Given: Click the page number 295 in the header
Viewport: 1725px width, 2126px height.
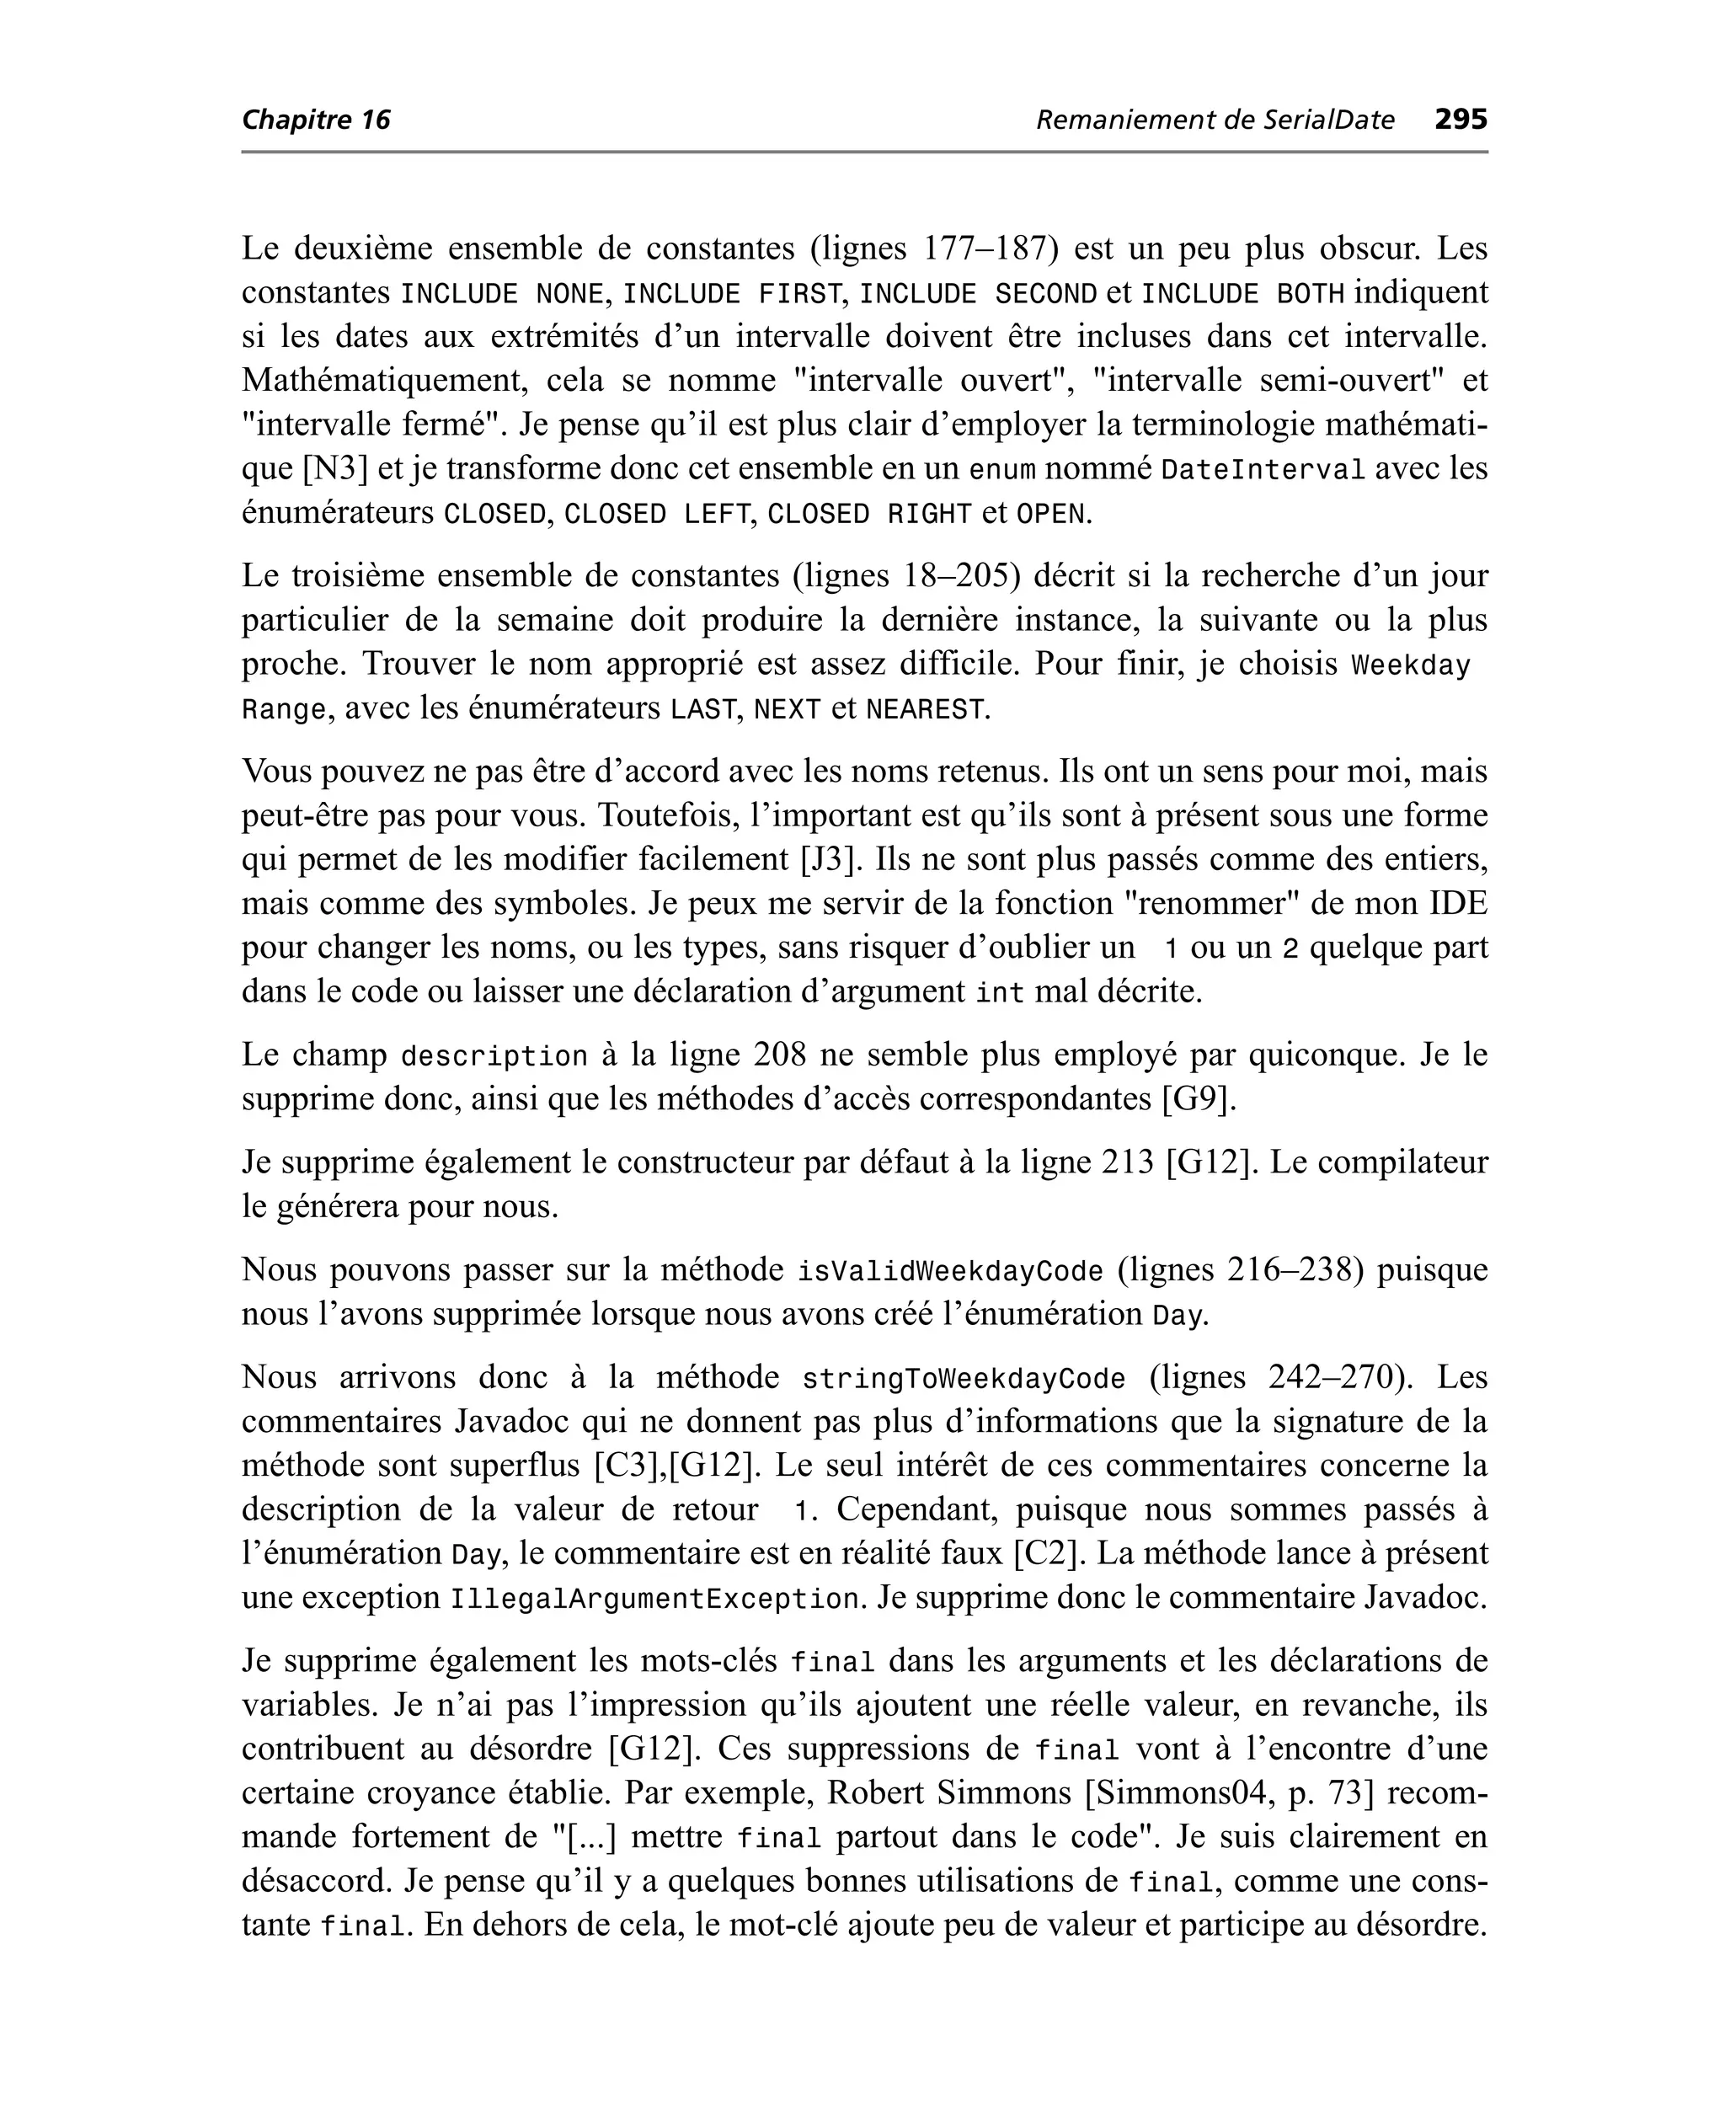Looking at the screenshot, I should [x=1460, y=120].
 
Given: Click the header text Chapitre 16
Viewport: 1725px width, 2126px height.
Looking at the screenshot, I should [x=316, y=120].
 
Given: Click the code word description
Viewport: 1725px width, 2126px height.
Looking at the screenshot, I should [x=494, y=1055].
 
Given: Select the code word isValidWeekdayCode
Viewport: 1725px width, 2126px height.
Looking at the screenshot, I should [x=951, y=1271].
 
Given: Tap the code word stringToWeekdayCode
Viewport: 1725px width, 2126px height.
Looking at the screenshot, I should [x=964, y=1379].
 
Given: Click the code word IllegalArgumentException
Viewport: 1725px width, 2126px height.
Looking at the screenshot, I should [x=654, y=1600].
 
